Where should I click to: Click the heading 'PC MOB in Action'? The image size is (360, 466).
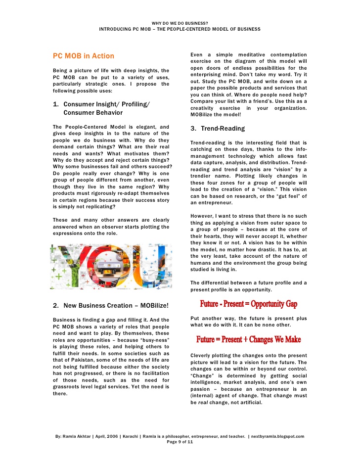point(83,56)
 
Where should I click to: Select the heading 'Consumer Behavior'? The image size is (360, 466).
point(94,113)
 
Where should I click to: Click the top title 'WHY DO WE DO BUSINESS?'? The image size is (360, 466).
point(180,23)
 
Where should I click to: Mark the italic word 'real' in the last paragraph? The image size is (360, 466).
point(204,403)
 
